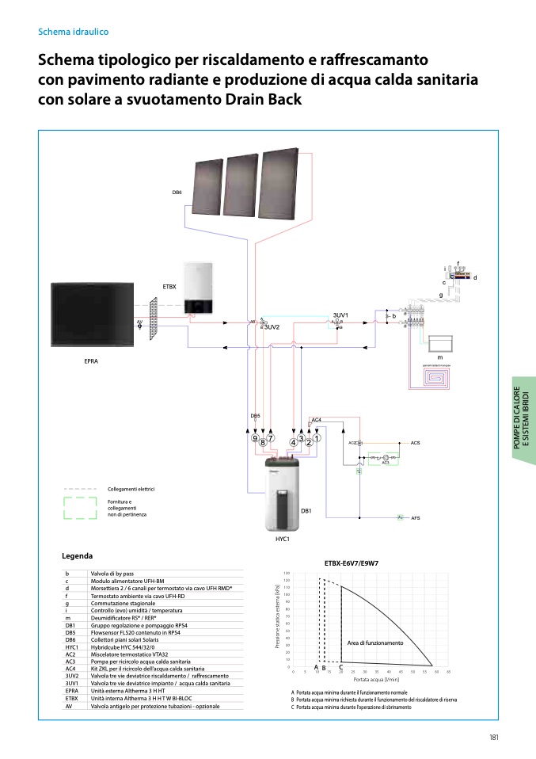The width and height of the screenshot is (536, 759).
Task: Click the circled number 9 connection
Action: (255, 438)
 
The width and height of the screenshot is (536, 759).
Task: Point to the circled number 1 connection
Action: (317, 438)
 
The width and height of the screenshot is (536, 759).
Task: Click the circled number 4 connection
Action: (294, 442)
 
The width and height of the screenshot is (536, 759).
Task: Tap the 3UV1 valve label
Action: (341, 315)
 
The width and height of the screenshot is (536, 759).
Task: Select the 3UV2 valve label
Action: (272, 327)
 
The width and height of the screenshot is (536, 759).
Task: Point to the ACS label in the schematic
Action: (416, 442)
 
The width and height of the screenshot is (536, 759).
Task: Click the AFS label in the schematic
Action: (416, 517)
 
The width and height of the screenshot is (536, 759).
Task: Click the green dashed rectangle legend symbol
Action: (79, 508)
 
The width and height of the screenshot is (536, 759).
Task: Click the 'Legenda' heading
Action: (77, 556)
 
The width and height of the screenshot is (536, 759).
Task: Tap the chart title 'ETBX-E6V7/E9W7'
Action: (352, 563)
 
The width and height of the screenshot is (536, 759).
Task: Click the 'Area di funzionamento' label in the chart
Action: (374, 643)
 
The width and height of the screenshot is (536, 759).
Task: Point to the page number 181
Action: (492, 738)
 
